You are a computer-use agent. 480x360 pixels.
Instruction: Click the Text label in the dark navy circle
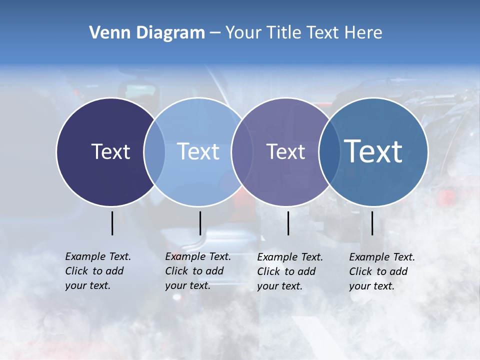click(x=110, y=151)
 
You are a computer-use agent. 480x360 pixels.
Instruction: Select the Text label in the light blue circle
click(x=198, y=151)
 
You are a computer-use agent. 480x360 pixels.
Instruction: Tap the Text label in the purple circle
click(x=285, y=151)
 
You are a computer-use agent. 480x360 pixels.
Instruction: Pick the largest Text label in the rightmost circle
click(x=373, y=151)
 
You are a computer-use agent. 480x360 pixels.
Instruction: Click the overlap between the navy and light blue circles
click(x=154, y=152)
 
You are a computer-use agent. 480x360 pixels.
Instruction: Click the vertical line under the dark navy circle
click(x=112, y=223)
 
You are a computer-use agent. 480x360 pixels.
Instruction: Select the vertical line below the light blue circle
click(x=200, y=223)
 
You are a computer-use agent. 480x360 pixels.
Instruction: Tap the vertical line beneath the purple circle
click(x=288, y=223)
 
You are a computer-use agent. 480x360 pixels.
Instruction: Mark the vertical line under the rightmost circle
click(x=372, y=223)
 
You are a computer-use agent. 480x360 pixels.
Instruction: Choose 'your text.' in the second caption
click(x=187, y=286)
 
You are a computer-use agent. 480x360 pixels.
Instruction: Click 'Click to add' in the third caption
click(x=286, y=271)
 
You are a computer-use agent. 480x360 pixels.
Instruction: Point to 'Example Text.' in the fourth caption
click(x=382, y=257)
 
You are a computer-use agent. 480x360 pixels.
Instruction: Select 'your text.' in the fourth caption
click(x=371, y=286)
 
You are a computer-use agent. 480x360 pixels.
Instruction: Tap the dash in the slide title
click(x=215, y=32)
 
